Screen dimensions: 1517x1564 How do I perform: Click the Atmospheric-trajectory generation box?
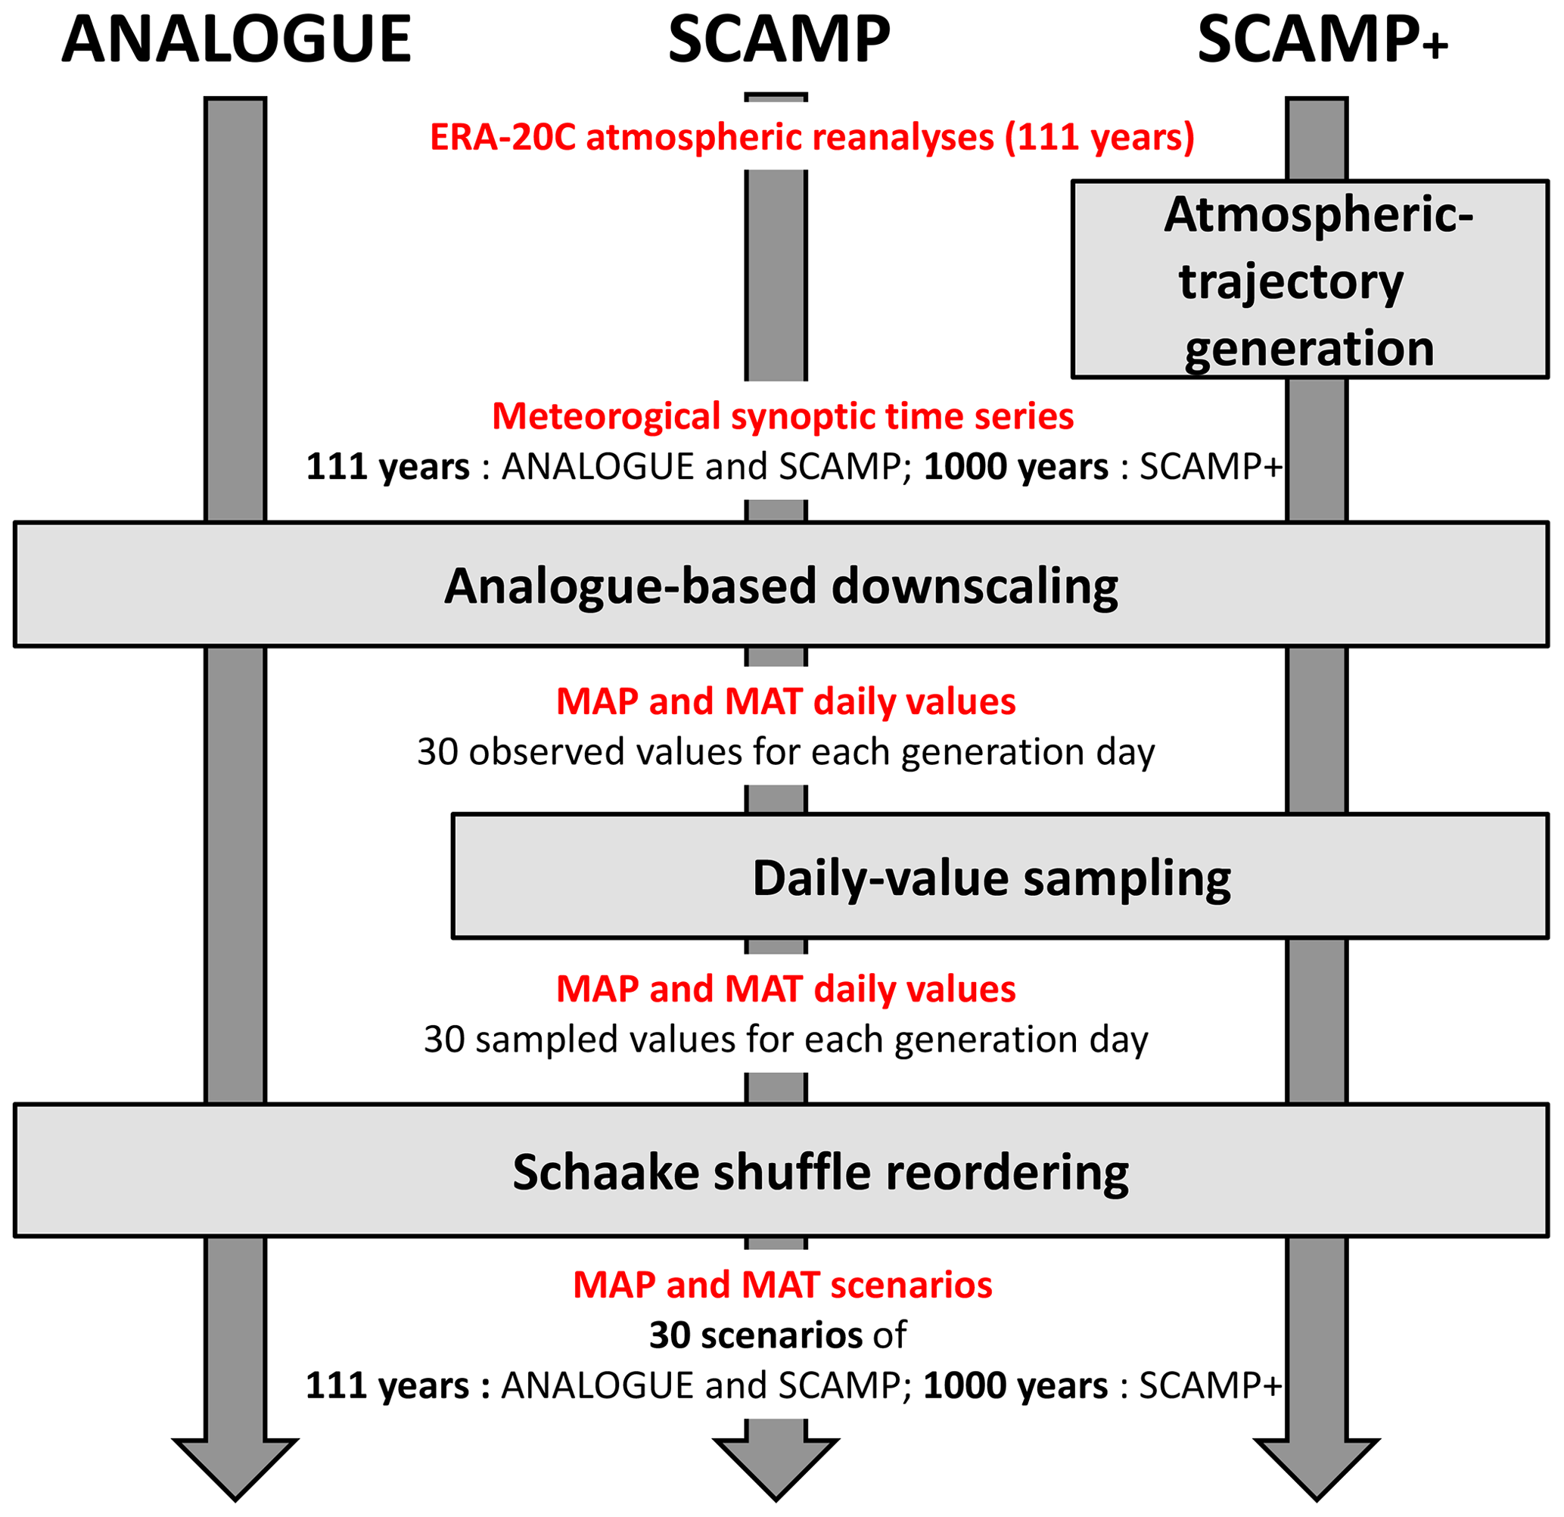1309,279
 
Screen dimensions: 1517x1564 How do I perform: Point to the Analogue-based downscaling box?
780,585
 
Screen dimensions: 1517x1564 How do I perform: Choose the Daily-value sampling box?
999,876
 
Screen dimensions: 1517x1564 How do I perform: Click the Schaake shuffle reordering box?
780,1170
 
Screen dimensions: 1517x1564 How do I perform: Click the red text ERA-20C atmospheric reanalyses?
812,137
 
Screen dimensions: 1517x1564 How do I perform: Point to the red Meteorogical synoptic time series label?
782,417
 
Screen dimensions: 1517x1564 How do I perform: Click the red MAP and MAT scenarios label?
782,1285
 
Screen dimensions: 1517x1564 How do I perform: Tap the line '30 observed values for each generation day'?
785,752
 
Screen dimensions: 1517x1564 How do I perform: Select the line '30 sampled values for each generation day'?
785,1040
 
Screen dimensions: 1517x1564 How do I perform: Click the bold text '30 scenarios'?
755,1335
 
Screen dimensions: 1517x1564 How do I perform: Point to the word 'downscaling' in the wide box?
975,586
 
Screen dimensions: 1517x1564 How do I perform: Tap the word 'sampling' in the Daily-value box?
1127,879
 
